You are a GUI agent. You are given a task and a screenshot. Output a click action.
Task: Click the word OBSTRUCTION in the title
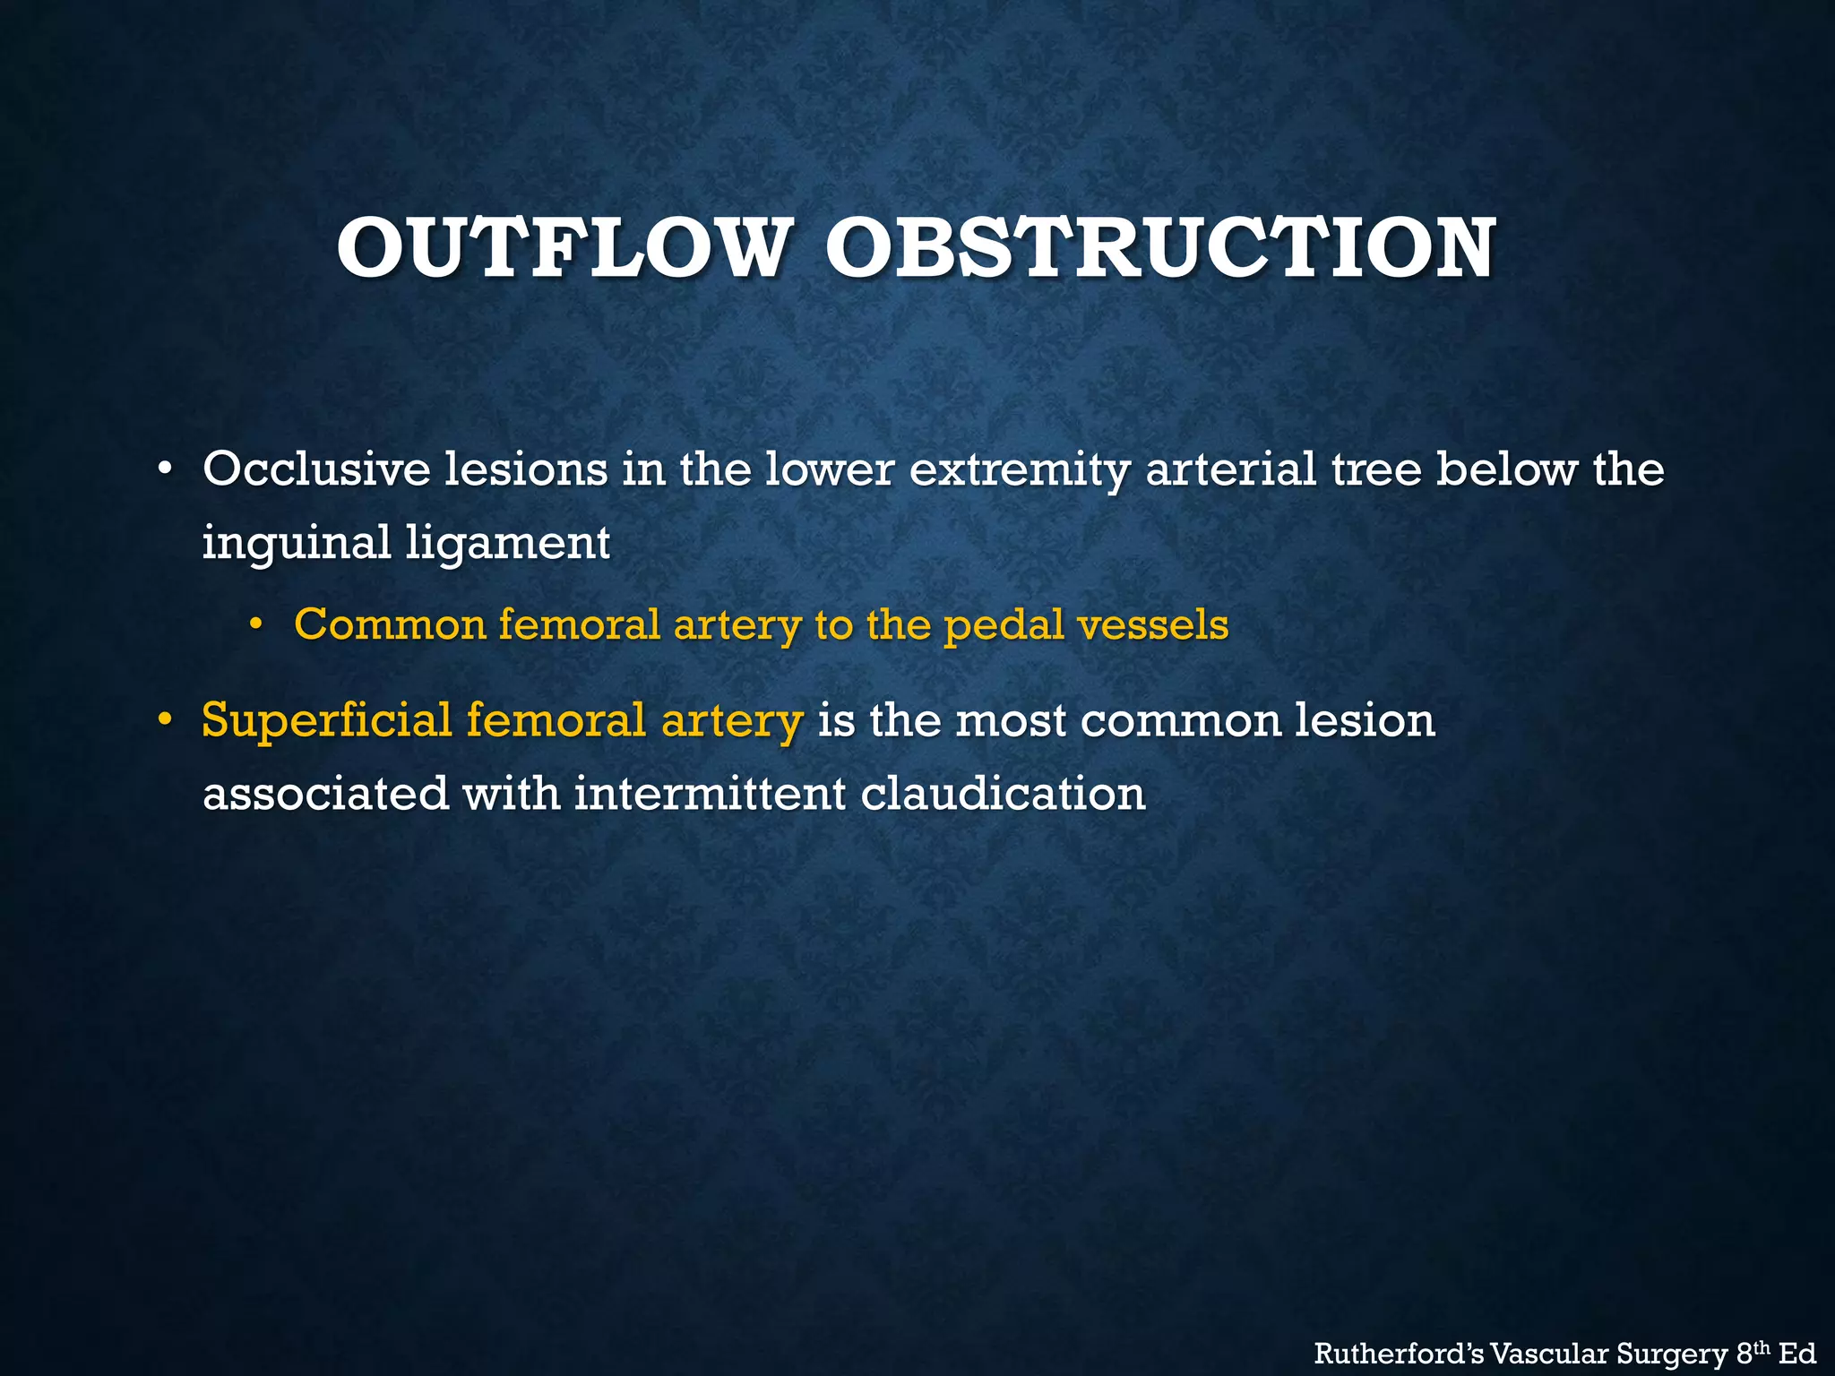pyautogui.click(x=1159, y=248)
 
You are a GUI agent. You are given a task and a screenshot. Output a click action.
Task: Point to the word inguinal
pyautogui.click(x=296, y=544)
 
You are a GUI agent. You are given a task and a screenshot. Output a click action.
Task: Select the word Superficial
pyautogui.click(x=326, y=721)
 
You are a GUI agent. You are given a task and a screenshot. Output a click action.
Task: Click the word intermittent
pyautogui.click(x=710, y=794)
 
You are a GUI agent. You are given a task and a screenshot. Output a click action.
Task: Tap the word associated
pyautogui.click(x=325, y=794)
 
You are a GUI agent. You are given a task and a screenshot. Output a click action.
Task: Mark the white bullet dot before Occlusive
pyautogui.click(x=163, y=470)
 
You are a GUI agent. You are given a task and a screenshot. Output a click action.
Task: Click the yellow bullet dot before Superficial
pyautogui.click(x=163, y=721)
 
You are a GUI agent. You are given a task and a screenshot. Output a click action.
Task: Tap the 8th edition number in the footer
pyautogui.click(x=1750, y=1352)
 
